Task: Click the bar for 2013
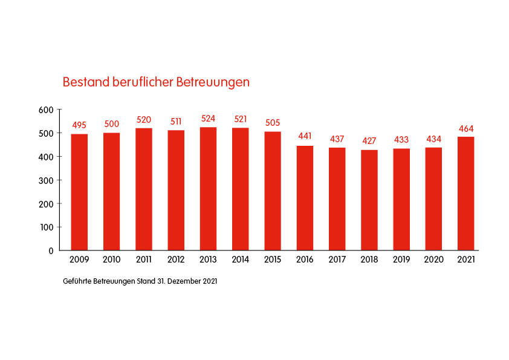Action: [208, 189]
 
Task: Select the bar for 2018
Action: [369, 200]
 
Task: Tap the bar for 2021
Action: [465, 194]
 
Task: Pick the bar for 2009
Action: [79, 192]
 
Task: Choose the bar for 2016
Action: [305, 198]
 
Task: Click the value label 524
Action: [208, 119]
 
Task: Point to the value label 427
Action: [369, 141]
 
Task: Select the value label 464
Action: [465, 128]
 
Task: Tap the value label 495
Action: [79, 125]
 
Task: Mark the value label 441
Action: [305, 136]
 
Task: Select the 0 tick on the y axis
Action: [51, 250]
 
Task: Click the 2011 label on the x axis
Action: [144, 260]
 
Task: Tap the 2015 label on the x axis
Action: [273, 260]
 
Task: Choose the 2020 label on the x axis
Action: [433, 260]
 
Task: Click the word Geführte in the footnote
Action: [77, 281]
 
